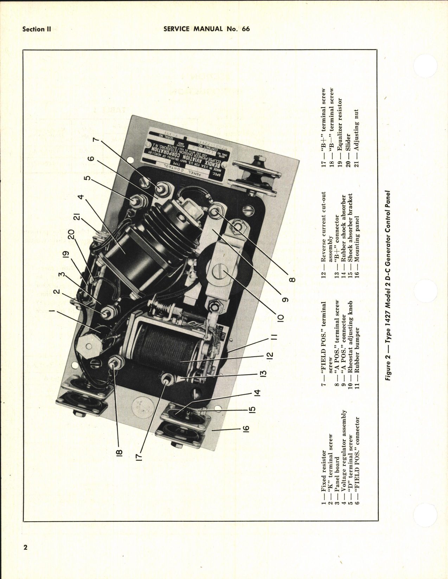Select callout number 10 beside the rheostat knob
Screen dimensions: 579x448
click(280, 318)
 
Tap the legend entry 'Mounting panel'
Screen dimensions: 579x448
click(357, 239)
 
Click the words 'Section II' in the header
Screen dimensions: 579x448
click(37, 29)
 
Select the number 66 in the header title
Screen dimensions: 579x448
click(246, 29)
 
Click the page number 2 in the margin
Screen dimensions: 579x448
click(25, 548)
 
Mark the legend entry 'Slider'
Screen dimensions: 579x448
click(348, 142)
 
